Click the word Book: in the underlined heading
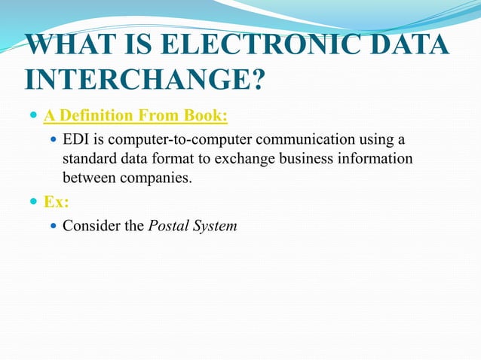pyautogui.click(x=202, y=116)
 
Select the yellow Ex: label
pyautogui.click(x=58, y=201)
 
